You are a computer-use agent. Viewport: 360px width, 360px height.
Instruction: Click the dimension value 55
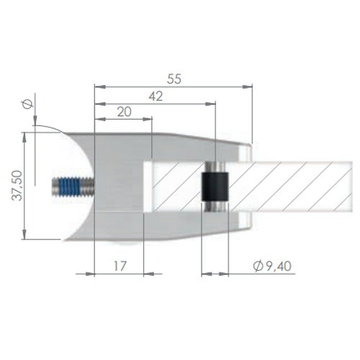pyautogui.click(x=174, y=79)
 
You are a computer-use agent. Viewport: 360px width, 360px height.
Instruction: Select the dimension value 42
pyautogui.click(x=156, y=96)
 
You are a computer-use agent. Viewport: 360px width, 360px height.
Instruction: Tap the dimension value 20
pyautogui.click(x=125, y=112)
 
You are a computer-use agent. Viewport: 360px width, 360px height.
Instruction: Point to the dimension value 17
pyautogui.click(x=120, y=266)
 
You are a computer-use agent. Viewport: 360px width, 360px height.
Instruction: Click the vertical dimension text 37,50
pyautogui.click(x=17, y=185)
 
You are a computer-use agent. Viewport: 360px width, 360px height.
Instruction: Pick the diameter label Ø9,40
pyautogui.click(x=272, y=266)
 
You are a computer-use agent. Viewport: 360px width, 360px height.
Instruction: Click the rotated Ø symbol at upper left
pyautogui.click(x=27, y=104)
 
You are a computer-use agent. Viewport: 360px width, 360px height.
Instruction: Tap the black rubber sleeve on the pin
pyautogui.click(x=215, y=186)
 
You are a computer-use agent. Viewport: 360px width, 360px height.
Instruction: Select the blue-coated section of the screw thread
pyautogui.click(x=69, y=186)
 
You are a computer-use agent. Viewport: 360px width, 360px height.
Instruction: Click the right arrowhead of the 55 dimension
pyautogui.click(x=248, y=86)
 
